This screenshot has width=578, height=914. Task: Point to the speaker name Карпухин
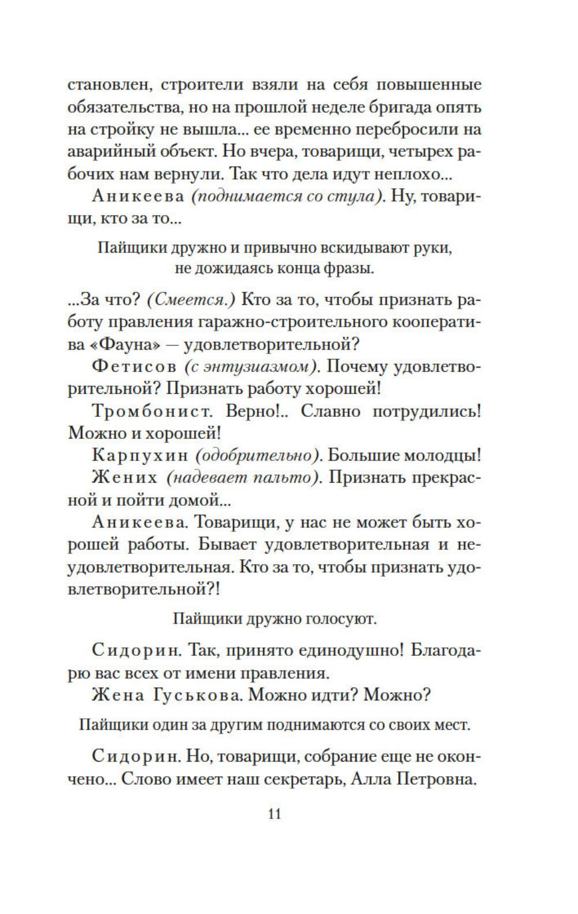140,456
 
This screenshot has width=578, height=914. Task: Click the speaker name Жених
124,477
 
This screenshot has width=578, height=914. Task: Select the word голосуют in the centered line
343,619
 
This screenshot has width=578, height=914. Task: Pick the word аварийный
105,152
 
